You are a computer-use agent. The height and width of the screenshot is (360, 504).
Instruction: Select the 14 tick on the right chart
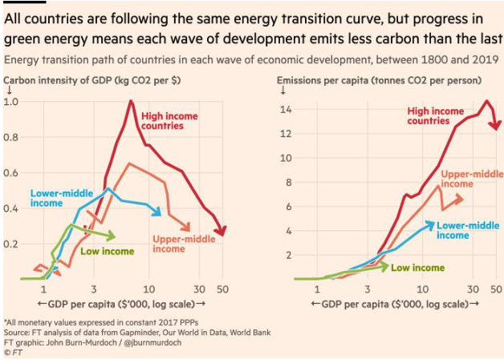click(x=286, y=108)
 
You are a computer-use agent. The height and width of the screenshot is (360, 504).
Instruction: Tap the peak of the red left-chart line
click(x=130, y=101)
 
